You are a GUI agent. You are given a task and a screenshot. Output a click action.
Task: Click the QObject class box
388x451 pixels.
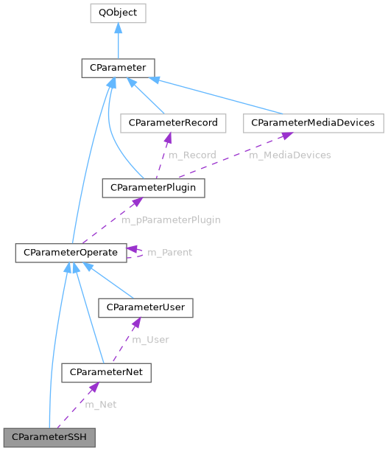(x=118, y=13)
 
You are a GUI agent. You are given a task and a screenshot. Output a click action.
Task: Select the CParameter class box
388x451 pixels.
(x=118, y=69)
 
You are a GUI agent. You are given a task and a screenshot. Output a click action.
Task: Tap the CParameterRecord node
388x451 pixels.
(x=174, y=122)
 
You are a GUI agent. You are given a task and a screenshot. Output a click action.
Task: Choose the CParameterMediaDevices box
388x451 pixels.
(x=314, y=122)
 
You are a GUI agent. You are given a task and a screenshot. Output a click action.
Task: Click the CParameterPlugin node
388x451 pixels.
(x=153, y=188)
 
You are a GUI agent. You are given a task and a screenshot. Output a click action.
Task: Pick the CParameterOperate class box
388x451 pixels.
(x=71, y=253)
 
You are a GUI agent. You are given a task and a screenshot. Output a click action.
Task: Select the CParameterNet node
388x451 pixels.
(x=107, y=373)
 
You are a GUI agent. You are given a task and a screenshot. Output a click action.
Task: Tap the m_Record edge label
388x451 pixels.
(x=192, y=155)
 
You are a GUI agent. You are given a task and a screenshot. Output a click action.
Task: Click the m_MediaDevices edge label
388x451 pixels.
(x=289, y=155)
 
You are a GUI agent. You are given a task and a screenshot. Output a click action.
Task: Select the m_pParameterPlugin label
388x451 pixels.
(x=171, y=220)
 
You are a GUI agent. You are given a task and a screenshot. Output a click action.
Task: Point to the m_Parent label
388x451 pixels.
(x=170, y=253)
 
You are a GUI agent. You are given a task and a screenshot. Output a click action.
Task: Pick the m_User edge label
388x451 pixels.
(x=150, y=340)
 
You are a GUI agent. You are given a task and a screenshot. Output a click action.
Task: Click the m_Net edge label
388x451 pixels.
(x=101, y=405)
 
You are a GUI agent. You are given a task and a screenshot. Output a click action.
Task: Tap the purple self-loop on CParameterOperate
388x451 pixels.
(x=136, y=253)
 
